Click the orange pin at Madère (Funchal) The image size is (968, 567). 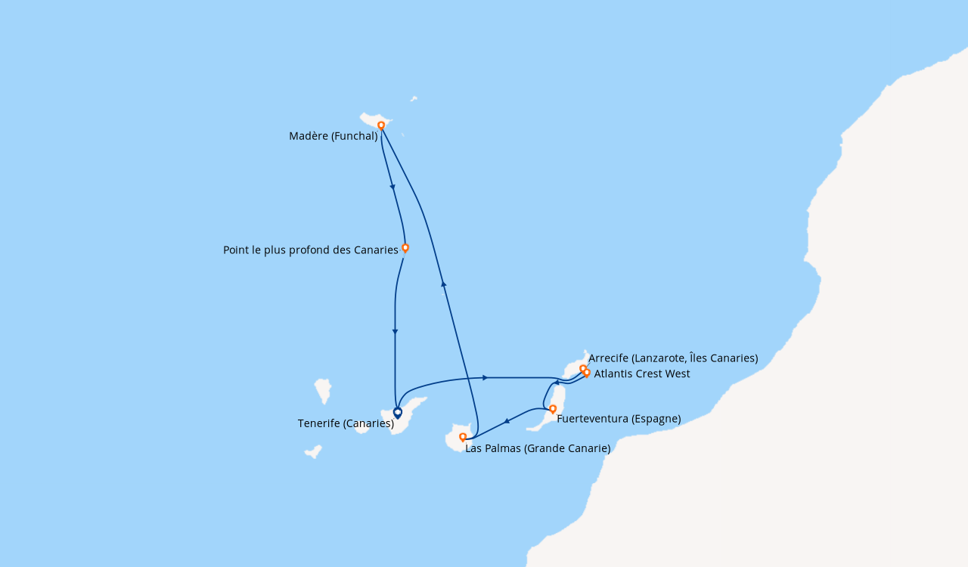(381, 125)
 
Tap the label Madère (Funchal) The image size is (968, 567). (333, 136)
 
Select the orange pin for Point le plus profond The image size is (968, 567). (405, 247)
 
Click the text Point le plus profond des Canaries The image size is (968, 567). (310, 250)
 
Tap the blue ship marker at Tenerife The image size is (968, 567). (398, 413)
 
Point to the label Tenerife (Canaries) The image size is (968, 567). (346, 423)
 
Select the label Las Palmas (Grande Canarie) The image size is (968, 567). (538, 448)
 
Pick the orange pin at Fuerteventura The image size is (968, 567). (553, 409)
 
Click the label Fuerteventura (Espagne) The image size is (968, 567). (619, 419)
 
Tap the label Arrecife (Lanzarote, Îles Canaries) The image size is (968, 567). (673, 358)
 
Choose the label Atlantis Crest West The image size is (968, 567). (642, 373)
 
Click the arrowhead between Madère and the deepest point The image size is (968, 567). (392, 187)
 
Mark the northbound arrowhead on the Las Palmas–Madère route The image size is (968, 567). (444, 284)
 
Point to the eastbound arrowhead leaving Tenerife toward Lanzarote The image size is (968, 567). (485, 377)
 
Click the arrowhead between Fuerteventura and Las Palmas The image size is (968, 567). (507, 420)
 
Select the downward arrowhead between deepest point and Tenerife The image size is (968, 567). (395, 332)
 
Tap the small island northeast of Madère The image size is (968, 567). (414, 98)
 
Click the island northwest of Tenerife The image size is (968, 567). (323, 389)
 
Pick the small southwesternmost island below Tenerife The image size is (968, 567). (313, 452)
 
